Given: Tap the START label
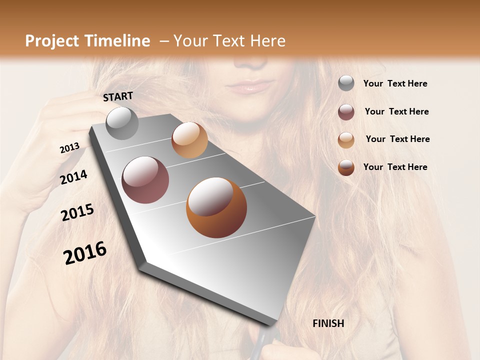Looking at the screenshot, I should coord(118,96).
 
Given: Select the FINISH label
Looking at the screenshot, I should coord(328,323).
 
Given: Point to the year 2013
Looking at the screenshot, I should coord(69,148).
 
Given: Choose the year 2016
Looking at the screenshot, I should coord(85,253).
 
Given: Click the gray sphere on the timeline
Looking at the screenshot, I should coord(122,123).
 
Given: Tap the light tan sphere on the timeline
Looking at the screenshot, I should coord(189,140).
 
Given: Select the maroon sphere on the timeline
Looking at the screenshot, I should coord(145,180).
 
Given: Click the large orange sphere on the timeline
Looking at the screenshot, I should coord(216,207).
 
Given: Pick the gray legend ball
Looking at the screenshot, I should coord(346,83).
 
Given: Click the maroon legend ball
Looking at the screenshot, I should coord(346,112).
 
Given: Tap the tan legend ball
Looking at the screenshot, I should coord(346,139).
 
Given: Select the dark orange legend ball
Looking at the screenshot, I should coord(346,167).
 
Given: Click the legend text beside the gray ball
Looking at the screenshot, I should coord(395,84).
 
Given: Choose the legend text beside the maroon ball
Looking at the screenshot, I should coord(396,111).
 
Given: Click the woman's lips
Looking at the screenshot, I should coord(248,87).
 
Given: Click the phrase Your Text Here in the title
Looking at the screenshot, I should coord(229,41).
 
